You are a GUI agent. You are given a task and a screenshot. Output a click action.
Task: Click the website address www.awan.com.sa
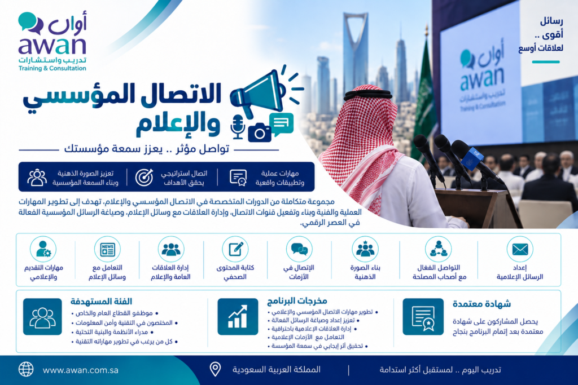80,370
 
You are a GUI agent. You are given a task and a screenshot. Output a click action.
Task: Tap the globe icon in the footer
26,369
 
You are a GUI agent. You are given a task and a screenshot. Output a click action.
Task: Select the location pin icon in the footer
215,369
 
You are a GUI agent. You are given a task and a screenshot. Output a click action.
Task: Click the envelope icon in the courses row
520,249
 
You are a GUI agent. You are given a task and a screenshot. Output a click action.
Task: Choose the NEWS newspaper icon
107,249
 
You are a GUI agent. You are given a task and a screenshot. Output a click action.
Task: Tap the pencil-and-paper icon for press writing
235,249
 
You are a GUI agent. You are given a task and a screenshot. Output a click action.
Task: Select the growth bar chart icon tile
238,317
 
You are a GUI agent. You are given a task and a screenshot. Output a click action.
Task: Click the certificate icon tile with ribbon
423,317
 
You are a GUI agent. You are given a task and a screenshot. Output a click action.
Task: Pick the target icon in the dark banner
144,178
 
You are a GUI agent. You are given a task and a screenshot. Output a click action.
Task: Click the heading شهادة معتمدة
481,304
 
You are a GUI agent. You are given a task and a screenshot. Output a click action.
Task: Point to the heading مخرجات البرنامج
297,301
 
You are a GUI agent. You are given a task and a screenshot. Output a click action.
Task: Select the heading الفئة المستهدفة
101,302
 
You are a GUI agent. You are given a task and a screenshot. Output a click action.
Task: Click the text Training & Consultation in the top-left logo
52,68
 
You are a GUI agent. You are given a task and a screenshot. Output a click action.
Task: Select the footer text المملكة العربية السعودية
277,370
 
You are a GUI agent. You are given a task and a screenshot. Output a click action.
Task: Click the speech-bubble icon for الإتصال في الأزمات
299,249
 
